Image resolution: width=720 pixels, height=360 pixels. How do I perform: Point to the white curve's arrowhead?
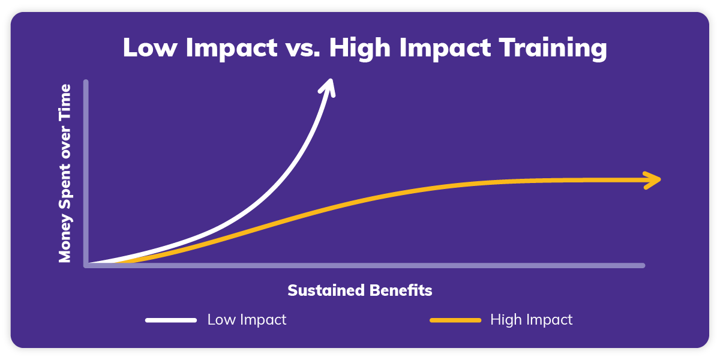pyautogui.click(x=328, y=85)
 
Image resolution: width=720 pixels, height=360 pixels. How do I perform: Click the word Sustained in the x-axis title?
pyautogui.click(x=323, y=291)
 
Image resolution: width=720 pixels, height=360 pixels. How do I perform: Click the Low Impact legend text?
pyautogui.click(x=247, y=320)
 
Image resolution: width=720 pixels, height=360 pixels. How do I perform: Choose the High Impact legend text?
pyautogui.click(x=531, y=320)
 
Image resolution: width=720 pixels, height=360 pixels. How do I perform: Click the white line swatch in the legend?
pyautogui.click(x=171, y=320)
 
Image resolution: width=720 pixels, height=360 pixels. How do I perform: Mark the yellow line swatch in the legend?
pyautogui.click(x=455, y=320)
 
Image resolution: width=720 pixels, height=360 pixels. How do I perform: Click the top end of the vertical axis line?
pyautogui.click(x=86, y=82)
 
